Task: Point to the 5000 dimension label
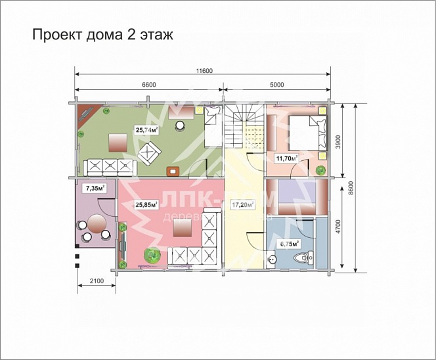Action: tap(276, 85)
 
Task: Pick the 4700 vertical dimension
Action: tap(338, 225)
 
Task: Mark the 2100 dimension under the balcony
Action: tap(96, 282)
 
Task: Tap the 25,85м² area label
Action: tap(146, 205)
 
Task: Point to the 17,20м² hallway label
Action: tap(244, 205)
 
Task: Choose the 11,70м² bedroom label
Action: tap(287, 158)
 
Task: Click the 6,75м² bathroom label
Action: tap(290, 243)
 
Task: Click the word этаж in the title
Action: tap(153, 35)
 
